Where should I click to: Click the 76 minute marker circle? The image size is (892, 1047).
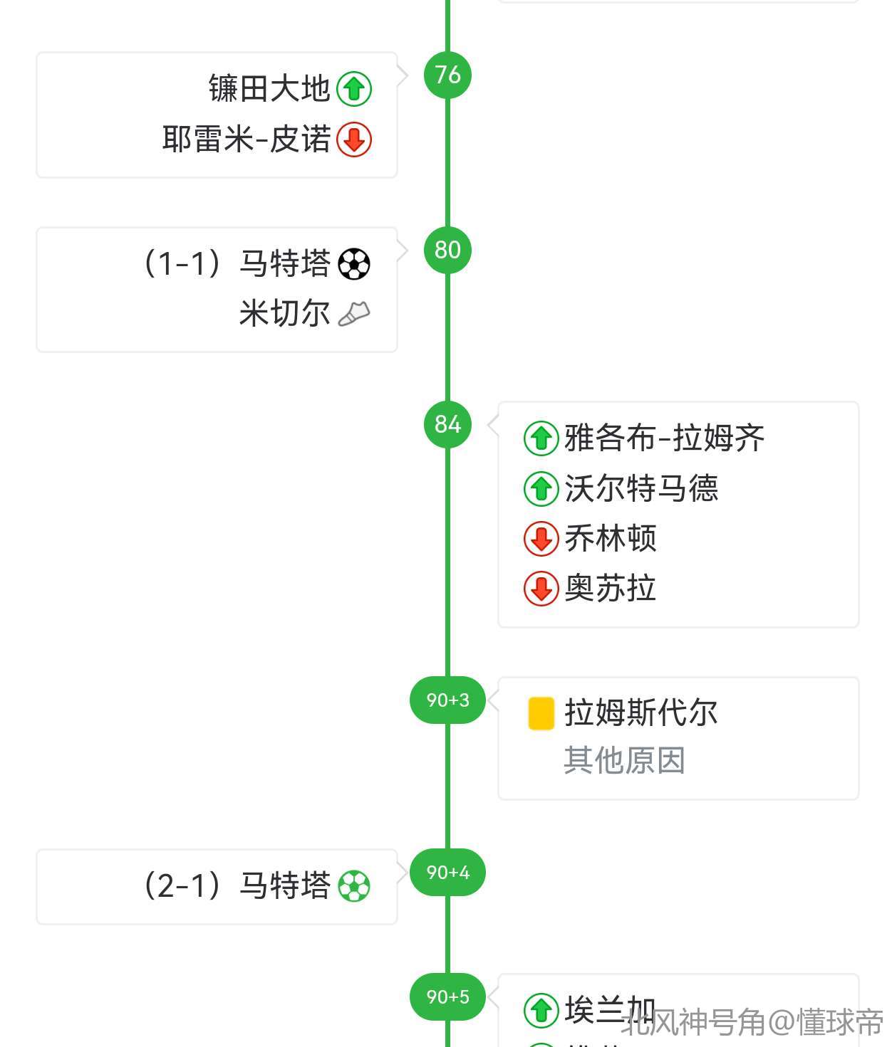[x=447, y=75]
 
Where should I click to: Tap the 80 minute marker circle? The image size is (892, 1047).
[x=447, y=250]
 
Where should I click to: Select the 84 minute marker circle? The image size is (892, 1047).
[x=447, y=424]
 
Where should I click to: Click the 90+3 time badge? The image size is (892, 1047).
[x=447, y=700]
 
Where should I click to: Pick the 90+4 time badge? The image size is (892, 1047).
[x=447, y=872]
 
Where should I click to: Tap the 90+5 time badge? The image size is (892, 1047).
[x=447, y=996]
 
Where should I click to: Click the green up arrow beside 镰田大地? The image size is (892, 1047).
[x=354, y=89]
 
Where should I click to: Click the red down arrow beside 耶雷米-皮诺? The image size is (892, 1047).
[x=354, y=140]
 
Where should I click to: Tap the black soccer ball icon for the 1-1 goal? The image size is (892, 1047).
[x=354, y=264]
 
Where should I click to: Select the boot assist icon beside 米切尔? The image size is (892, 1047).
[x=354, y=314]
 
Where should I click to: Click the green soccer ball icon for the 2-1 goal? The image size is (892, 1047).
[x=354, y=886]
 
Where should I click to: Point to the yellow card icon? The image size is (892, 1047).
[x=541, y=713]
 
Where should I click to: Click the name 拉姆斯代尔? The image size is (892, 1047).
[x=641, y=712]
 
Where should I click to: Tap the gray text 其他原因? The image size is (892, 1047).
[x=624, y=760]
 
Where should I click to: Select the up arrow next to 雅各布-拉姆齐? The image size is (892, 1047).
[x=541, y=438]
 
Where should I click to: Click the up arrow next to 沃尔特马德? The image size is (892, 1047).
[x=541, y=489]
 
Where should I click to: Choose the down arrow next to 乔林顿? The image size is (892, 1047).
[x=541, y=539]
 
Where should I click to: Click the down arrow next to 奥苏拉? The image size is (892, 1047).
[x=541, y=589]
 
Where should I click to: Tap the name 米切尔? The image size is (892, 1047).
[x=284, y=313]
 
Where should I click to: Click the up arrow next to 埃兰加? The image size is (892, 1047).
[x=541, y=1010]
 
